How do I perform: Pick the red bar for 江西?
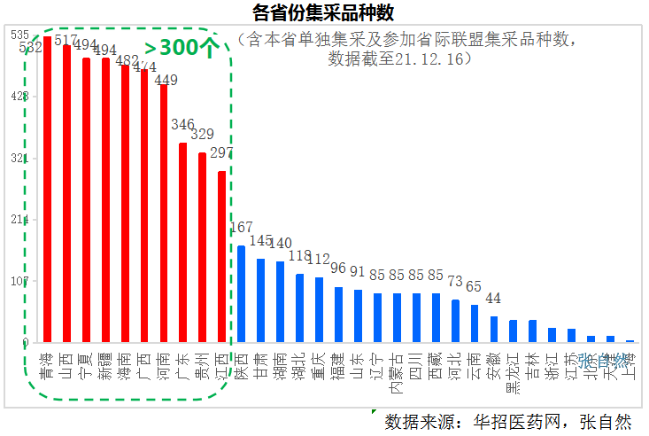point(221,256)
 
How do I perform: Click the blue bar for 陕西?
point(241,293)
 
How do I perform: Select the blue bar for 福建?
point(338,315)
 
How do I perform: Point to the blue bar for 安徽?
point(494,329)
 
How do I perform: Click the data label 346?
point(183,125)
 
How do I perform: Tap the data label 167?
point(241,228)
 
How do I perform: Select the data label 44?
point(494,298)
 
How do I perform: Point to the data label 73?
point(455,282)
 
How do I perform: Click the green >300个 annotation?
point(181,48)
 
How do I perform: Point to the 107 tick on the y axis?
point(19,282)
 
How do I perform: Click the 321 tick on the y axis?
point(19,159)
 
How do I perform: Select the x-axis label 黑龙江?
point(514,377)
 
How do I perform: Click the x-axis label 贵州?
point(202,366)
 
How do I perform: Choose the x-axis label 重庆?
point(319,366)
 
